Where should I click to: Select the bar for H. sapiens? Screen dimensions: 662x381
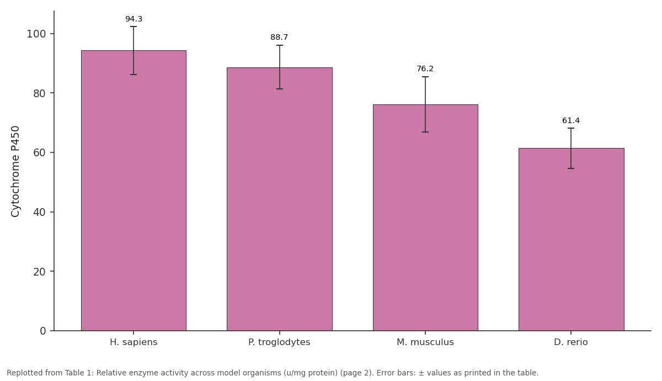coord(134,190)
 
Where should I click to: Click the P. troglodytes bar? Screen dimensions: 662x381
coord(280,199)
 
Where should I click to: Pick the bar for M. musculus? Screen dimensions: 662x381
coord(425,218)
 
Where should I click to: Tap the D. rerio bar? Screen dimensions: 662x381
coord(572,239)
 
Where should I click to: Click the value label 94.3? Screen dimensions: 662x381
coord(134,19)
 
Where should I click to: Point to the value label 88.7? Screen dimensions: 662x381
coord(279,38)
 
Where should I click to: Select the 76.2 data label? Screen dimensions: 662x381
coord(425,68)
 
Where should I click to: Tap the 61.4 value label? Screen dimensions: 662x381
coord(570,121)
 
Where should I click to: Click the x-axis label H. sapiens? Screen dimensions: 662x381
coord(134,342)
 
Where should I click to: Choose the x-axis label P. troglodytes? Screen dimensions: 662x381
coord(279,342)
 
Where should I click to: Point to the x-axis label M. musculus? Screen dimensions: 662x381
coord(425,342)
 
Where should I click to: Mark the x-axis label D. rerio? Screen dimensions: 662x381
coord(570,342)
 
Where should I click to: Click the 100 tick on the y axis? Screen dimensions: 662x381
coord(36,34)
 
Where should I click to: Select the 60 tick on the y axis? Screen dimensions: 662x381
coord(40,152)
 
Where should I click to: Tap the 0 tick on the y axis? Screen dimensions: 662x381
coord(43,331)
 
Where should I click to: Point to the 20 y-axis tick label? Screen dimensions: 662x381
coord(40,272)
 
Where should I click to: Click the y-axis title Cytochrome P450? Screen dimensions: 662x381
coord(15,172)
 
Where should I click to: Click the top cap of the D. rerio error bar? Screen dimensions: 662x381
coord(571,128)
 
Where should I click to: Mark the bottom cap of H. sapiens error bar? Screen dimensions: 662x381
coord(134,75)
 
